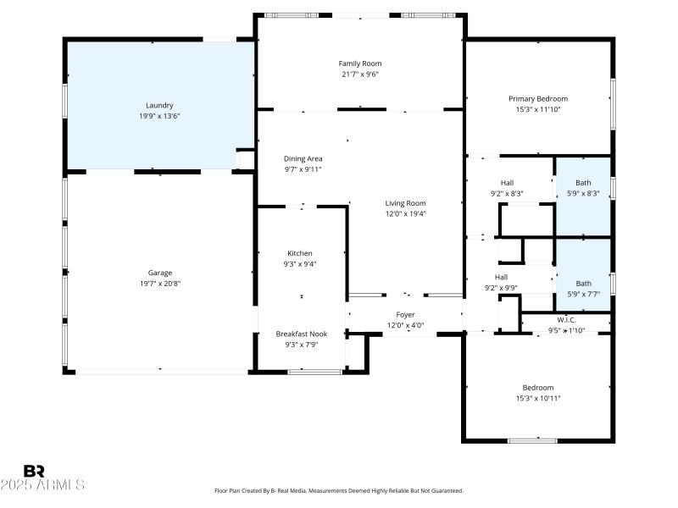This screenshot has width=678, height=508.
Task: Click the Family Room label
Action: [x=360, y=63]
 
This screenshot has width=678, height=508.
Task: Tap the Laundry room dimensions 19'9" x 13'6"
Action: [x=159, y=116]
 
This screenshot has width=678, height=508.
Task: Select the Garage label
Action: [x=160, y=273]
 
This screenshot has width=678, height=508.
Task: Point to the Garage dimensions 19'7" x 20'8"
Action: [x=160, y=284]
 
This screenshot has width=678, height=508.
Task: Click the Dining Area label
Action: [x=303, y=158]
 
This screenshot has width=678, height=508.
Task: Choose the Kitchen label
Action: [x=299, y=253]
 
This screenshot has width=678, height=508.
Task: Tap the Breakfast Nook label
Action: [x=301, y=334]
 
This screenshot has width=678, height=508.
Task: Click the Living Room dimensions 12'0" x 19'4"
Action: [x=405, y=214]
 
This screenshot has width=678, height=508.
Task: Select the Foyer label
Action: [x=405, y=315]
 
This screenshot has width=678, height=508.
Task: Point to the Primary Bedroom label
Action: [x=537, y=98]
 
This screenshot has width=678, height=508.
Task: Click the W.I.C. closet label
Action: [x=566, y=320]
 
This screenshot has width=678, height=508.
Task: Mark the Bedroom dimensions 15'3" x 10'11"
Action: [x=537, y=398]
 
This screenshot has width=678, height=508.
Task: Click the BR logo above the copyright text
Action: [x=34, y=470]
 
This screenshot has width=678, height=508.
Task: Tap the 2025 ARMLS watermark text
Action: [x=42, y=485]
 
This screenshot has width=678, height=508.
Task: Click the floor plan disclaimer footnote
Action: [x=338, y=490]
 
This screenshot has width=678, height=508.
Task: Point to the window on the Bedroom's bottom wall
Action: [x=532, y=440]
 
